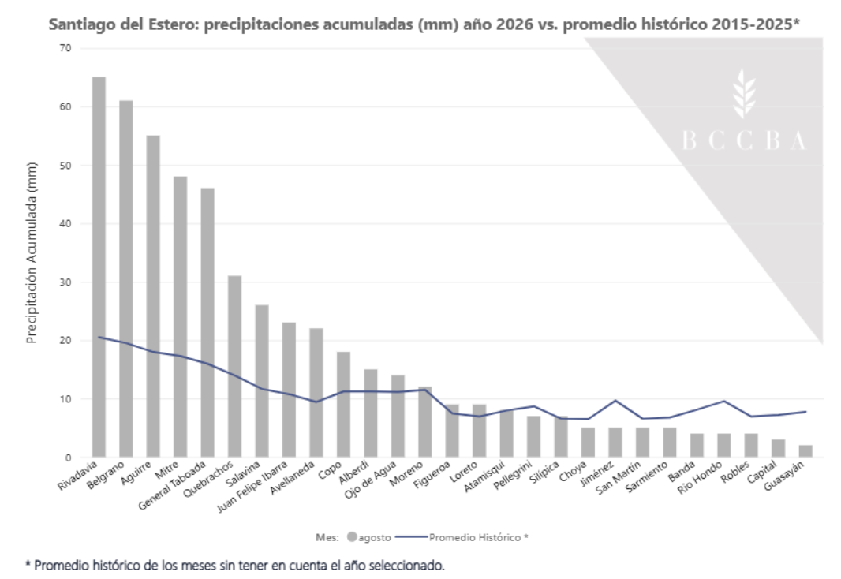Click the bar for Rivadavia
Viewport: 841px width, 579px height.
[99, 267]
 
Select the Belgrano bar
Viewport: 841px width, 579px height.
[126, 278]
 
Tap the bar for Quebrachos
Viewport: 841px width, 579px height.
[234, 367]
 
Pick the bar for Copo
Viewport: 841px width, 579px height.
[343, 405]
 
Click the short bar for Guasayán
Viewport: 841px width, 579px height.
[805, 451]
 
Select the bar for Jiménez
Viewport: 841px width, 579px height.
[615, 443]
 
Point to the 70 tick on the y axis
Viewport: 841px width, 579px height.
[65, 48]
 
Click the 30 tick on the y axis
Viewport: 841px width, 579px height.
[65, 282]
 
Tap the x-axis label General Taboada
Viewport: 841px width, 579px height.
[172, 486]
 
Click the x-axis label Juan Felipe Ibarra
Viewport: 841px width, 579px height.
[252, 487]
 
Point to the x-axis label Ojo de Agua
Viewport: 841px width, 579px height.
[370, 480]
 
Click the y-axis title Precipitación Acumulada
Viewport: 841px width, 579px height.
[32, 252]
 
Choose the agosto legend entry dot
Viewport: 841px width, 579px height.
[352, 536]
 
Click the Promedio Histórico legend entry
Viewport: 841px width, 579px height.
[462, 537]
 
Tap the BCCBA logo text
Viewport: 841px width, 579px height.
[744, 140]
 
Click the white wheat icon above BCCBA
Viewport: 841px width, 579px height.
[744, 93]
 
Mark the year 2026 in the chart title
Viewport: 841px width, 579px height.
[515, 24]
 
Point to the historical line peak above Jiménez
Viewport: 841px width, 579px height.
[615, 401]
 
